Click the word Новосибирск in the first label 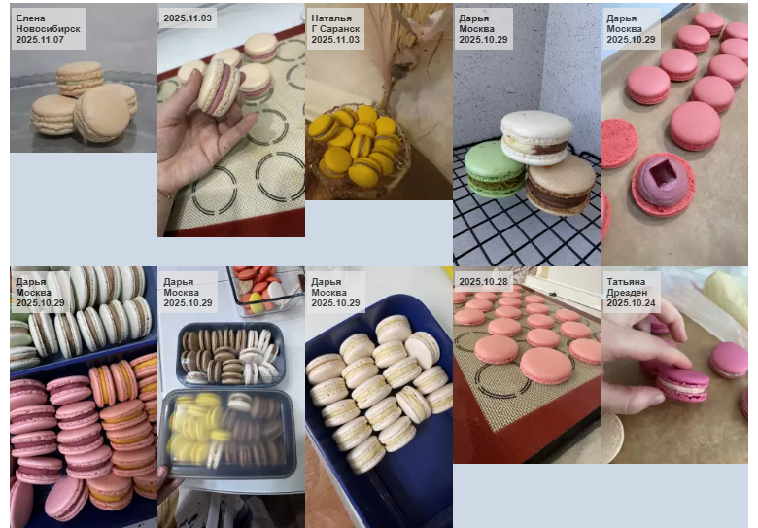tap(48, 29)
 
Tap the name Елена tap(30, 18)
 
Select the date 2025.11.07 tap(40, 40)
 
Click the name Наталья tap(331, 18)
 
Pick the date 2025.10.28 tap(483, 281)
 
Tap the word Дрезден tap(627, 293)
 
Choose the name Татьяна tap(626, 282)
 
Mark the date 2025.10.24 tap(631, 303)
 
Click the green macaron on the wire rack tap(495, 169)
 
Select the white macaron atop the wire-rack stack tap(536, 137)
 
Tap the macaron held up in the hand tap(219, 88)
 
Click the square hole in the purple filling tap(663, 172)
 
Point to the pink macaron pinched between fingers tap(682, 382)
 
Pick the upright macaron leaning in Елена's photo tap(102, 114)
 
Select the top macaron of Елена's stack tap(80, 78)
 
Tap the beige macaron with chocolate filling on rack tap(561, 185)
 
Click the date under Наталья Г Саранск tap(335, 40)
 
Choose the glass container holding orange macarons tap(265, 291)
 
